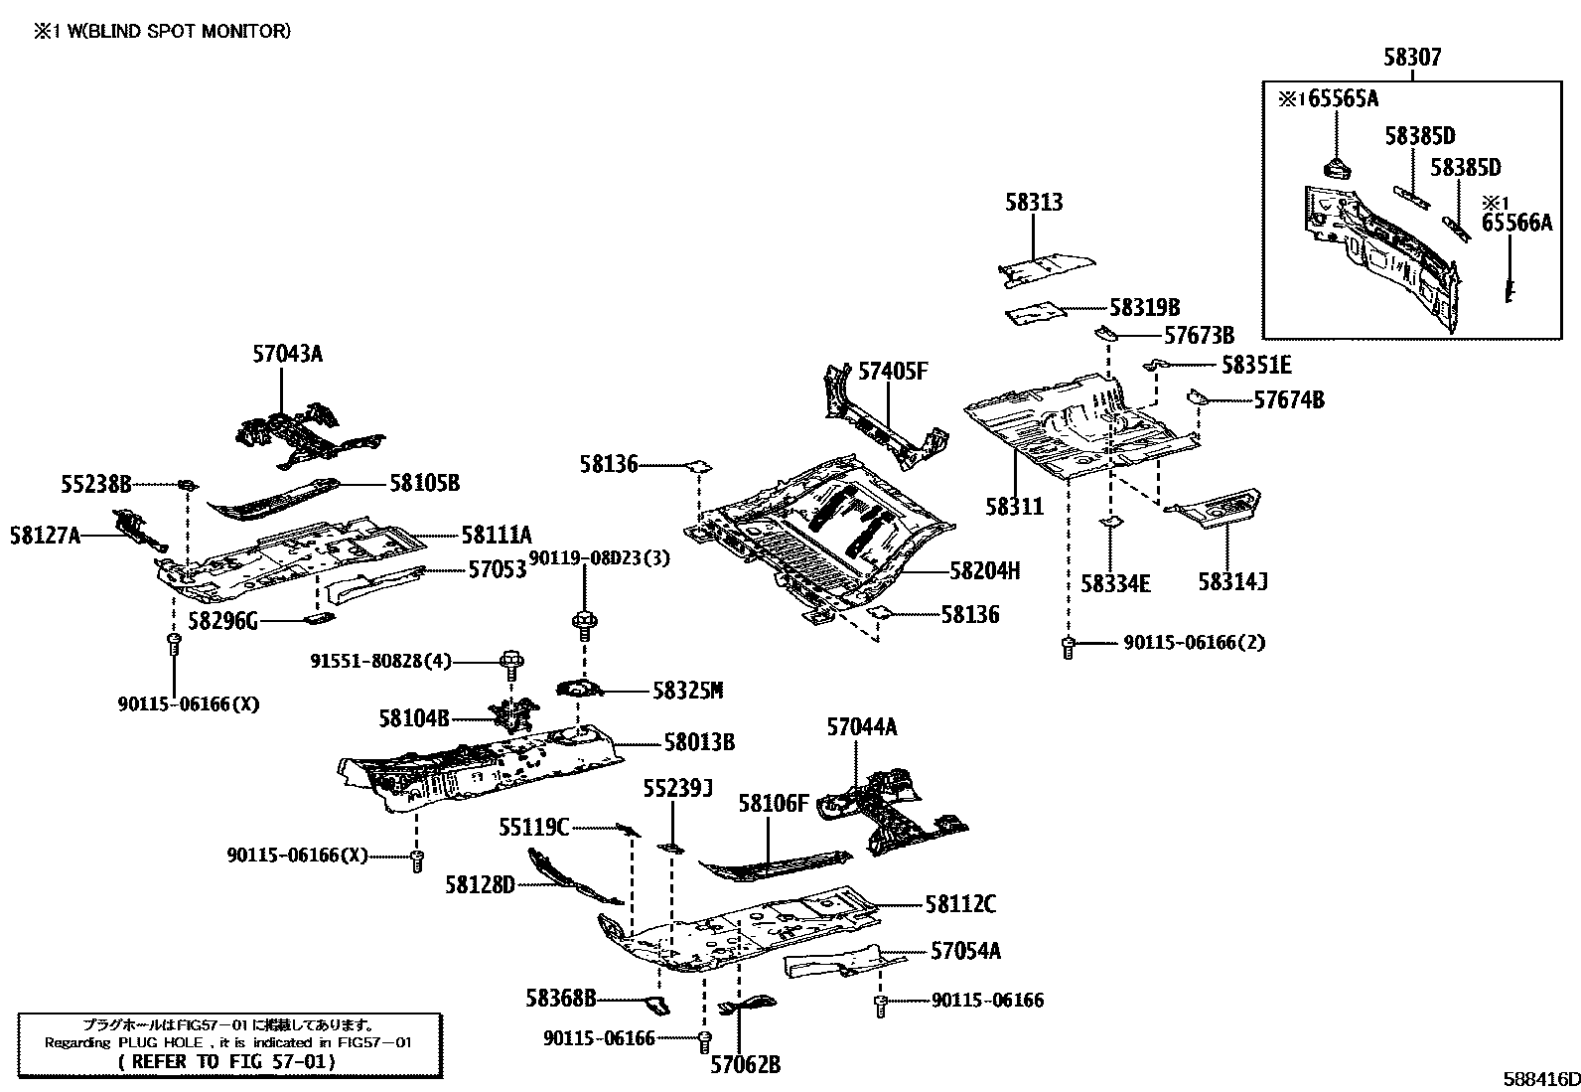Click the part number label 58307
[x=1411, y=58]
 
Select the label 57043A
[x=287, y=354]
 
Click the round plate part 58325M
[x=580, y=689]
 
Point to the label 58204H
[x=984, y=571]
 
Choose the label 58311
[x=1014, y=507]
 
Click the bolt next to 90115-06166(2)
[x=1069, y=649]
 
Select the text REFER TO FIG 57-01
[x=227, y=1061]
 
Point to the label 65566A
[x=1515, y=224]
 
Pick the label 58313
[x=1033, y=203]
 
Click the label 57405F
[x=892, y=372]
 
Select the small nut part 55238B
[x=186, y=484]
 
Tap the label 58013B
[x=699, y=742]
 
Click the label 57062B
[x=745, y=1066]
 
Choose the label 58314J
[x=1232, y=582]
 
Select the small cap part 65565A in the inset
[x=1336, y=166]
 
